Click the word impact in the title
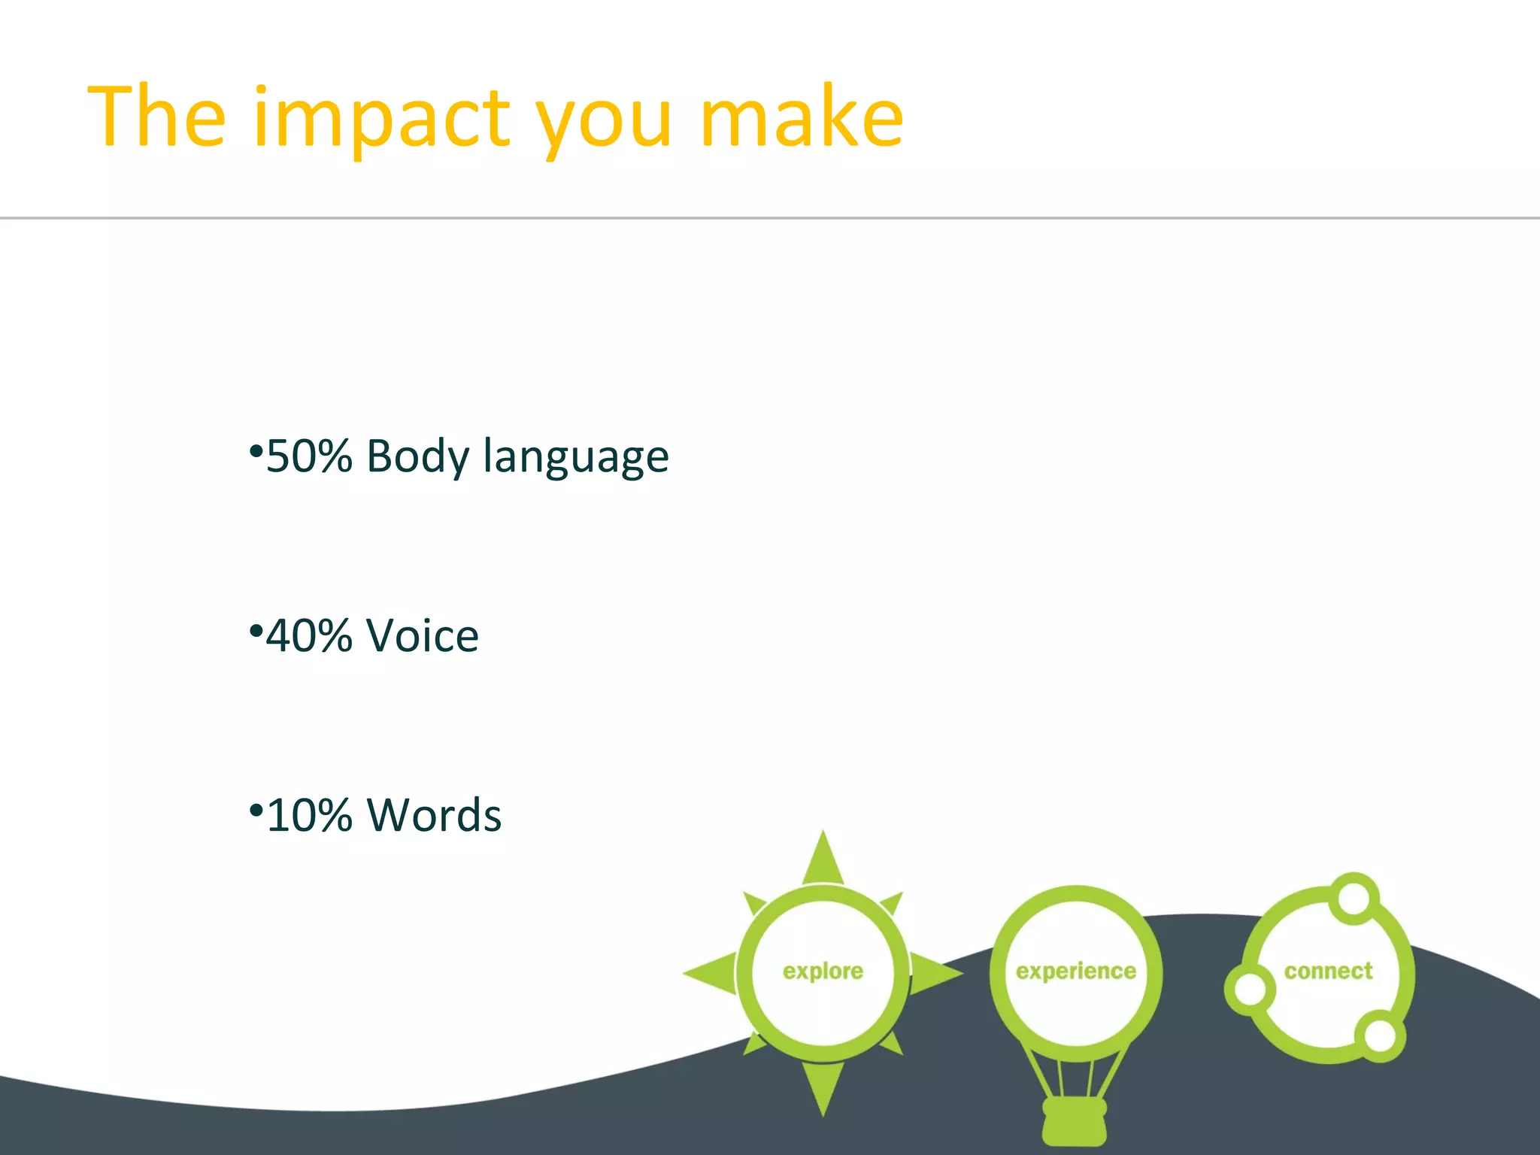pos(383,119)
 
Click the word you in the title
pos(604,124)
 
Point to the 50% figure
pos(309,456)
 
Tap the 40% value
pos(309,636)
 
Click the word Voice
pos(422,636)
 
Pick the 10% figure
pos(309,815)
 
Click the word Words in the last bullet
pos(434,815)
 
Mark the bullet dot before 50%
pos(256,452)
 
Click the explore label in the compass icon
pos(823,972)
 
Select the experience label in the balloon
pos(1075,972)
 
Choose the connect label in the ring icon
pos(1328,971)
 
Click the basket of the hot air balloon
pos(1074,1120)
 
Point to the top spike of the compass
pos(823,857)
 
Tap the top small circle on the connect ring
pos(1354,898)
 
